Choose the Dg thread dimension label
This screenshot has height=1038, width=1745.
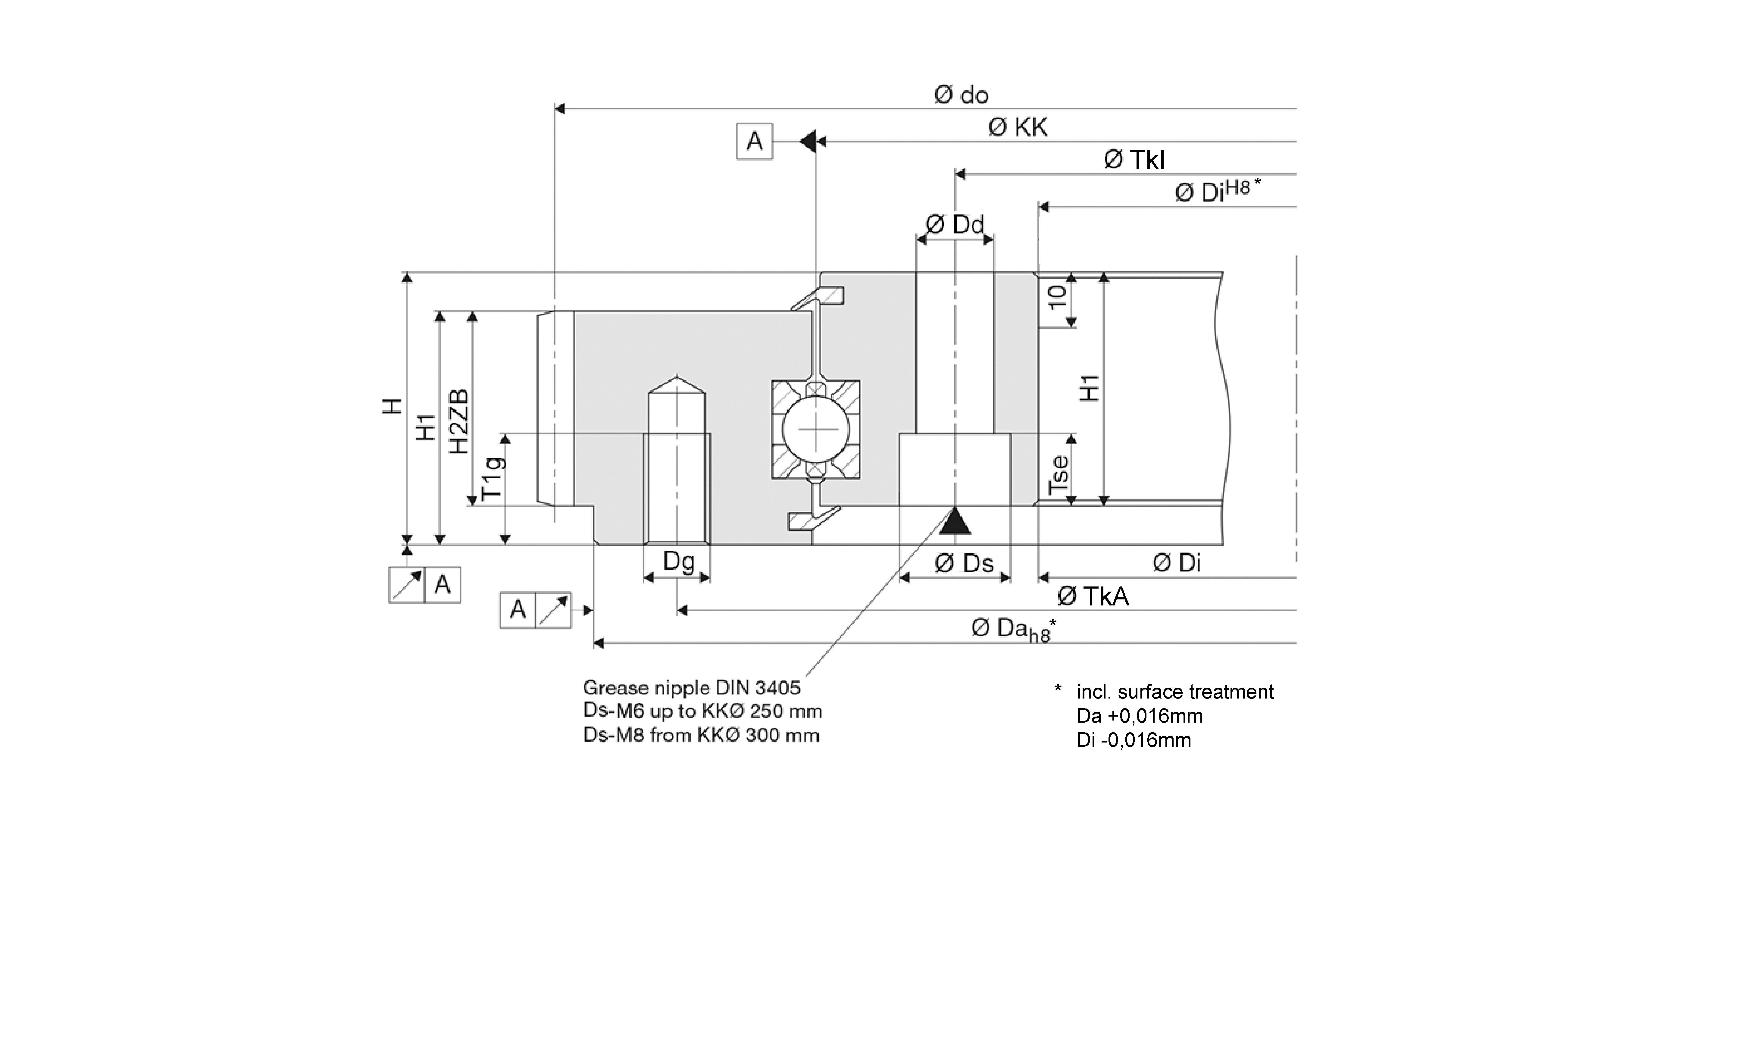pos(678,561)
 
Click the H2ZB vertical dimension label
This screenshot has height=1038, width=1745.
pos(459,421)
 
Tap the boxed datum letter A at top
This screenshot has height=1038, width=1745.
pos(754,141)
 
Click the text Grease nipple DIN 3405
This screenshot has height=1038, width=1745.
pos(691,688)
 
